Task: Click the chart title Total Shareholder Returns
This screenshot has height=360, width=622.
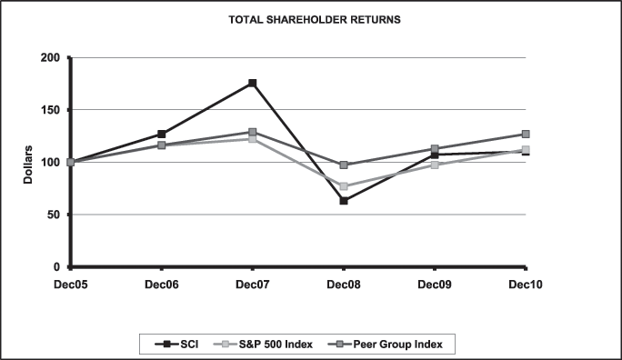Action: tap(312, 18)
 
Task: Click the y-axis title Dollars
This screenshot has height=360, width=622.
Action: tap(28, 162)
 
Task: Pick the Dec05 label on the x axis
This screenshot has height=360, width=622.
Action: tap(70, 284)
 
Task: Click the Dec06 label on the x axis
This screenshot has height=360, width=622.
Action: tap(161, 284)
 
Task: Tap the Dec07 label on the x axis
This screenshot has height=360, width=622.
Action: tap(252, 284)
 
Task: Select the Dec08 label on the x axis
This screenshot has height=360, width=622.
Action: tap(343, 284)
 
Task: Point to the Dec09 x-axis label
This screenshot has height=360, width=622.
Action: tap(434, 284)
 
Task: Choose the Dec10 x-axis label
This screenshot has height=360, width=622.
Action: tap(525, 284)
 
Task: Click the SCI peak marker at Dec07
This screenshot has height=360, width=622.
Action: tap(252, 84)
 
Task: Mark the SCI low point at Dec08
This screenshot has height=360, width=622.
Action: tap(343, 201)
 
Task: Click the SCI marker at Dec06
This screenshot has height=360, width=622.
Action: tap(161, 134)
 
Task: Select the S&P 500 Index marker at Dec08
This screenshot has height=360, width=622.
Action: tap(343, 186)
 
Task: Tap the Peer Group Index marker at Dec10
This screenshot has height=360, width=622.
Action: tap(525, 134)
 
